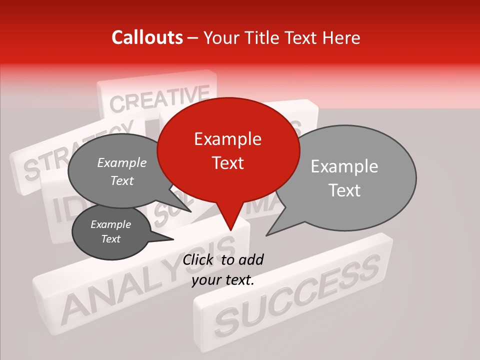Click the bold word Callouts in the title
147,37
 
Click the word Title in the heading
264,37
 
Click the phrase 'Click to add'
223,259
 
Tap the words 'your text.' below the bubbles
223,279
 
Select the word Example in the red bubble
227,139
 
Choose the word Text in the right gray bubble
345,190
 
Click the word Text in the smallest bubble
110,239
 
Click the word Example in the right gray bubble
344,166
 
